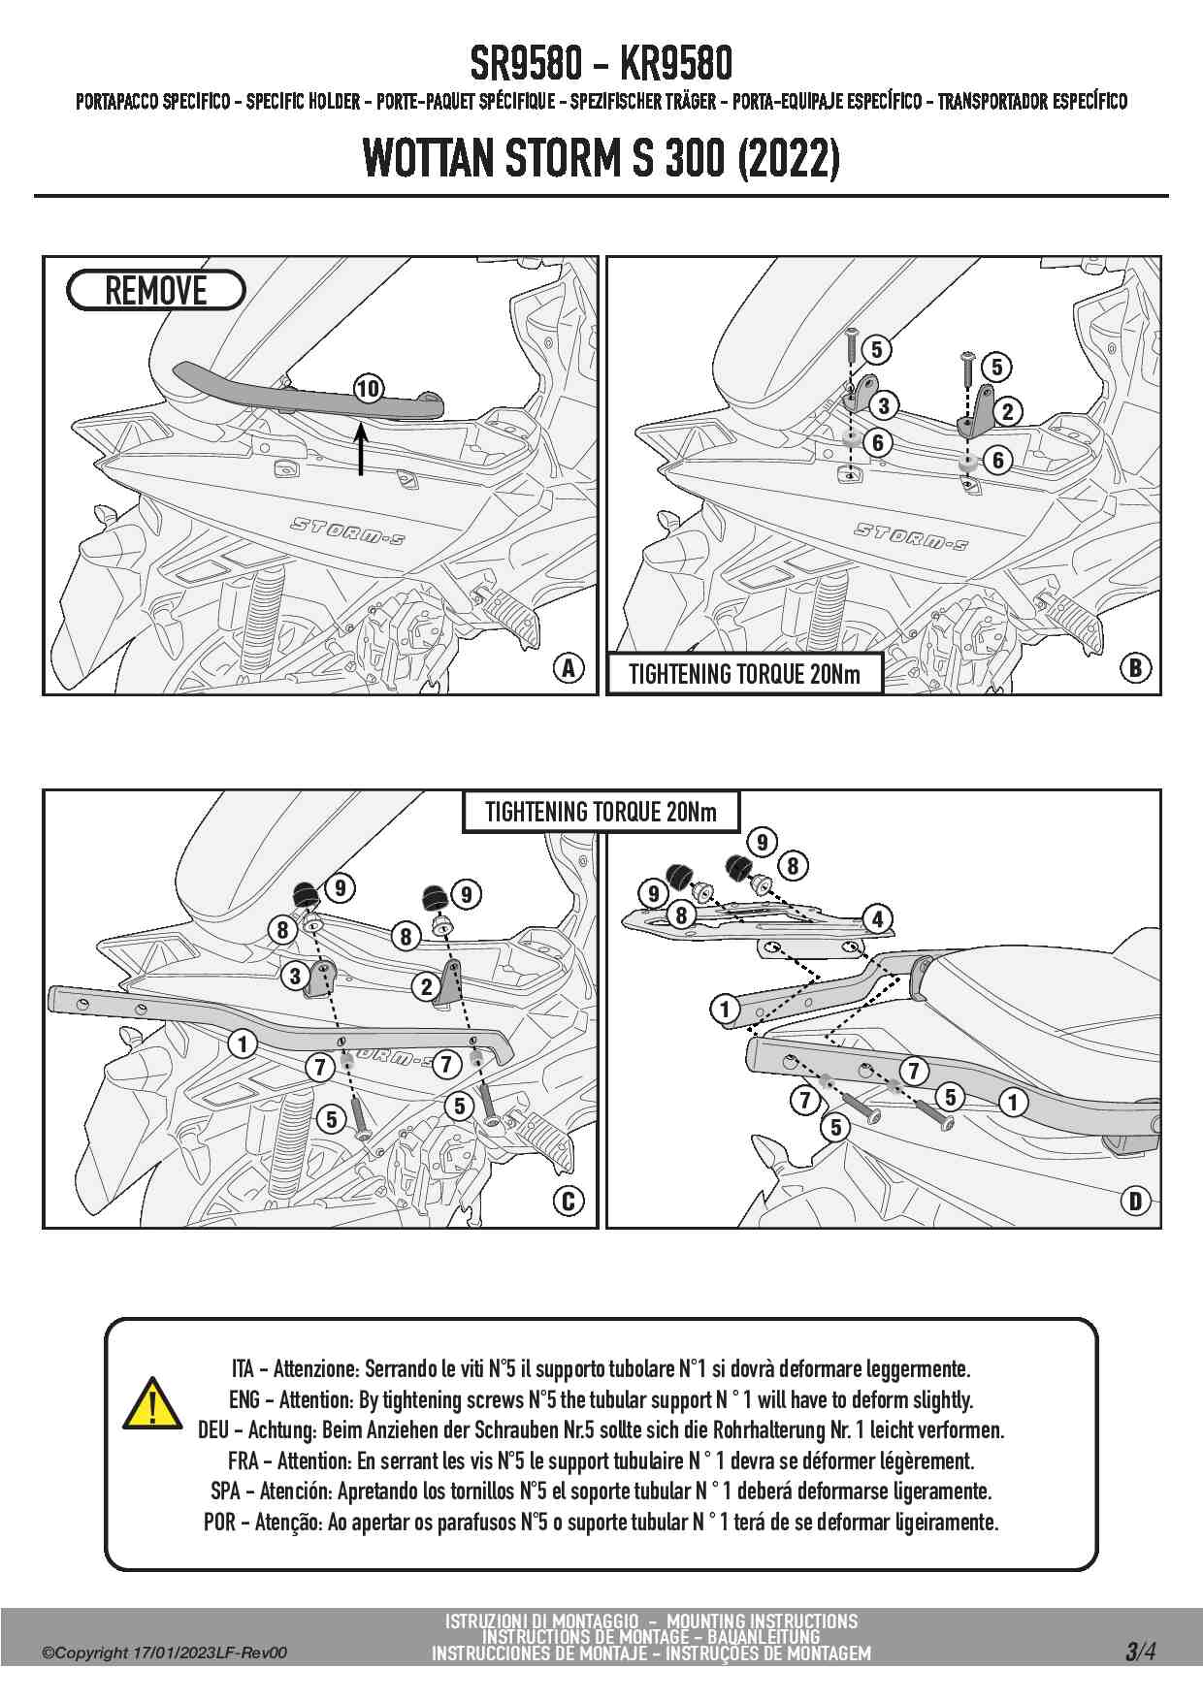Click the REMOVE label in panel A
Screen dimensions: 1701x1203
[155, 291]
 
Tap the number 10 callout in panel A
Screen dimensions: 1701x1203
[368, 389]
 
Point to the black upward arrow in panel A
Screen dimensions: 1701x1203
[361, 451]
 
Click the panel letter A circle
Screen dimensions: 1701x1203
[569, 667]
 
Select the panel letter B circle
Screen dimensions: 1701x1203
[1134, 667]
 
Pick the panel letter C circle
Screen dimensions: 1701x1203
[569, 1201]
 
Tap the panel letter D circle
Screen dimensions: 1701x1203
[1134, 1201]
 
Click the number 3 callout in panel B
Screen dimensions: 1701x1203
[884, 405]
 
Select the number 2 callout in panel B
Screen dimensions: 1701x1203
[1008, 411]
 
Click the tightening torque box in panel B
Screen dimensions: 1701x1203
[744, 674]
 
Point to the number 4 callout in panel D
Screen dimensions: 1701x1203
[877, 918]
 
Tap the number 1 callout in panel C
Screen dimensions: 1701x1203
[243, 1043]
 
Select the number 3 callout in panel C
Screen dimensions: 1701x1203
[295, 975]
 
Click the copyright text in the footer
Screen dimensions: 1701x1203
[164, 1653]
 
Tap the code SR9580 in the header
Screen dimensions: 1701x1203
[526, 65]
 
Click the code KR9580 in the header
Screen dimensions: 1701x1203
[675, 65]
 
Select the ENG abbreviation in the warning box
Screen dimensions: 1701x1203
[244, 1399]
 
